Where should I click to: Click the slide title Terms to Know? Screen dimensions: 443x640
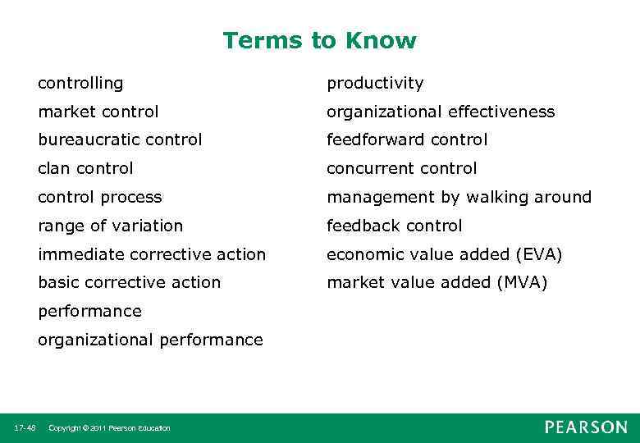[319, 40]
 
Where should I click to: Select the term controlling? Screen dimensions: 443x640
[80, 83]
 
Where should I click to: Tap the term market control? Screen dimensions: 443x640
[98, 112]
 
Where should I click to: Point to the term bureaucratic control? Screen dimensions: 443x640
[120, 140]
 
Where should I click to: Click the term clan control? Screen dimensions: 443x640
[85, 169]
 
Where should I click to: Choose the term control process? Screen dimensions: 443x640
[100, 197]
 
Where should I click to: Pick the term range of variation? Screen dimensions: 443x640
[111, 226]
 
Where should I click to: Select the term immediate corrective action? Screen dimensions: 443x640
[152, 254]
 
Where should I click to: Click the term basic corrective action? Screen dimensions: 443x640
[130, 282]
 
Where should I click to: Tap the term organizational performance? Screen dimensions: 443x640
[150, 340]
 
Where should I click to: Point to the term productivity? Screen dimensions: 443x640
[375, 83]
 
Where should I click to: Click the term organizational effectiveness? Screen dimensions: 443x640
[441, 112]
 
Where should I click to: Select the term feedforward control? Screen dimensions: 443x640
[407, 140]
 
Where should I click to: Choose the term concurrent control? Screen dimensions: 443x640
[401, 169]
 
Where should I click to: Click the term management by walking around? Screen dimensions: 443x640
[459, 197]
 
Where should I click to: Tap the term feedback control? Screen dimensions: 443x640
[395, 226]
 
